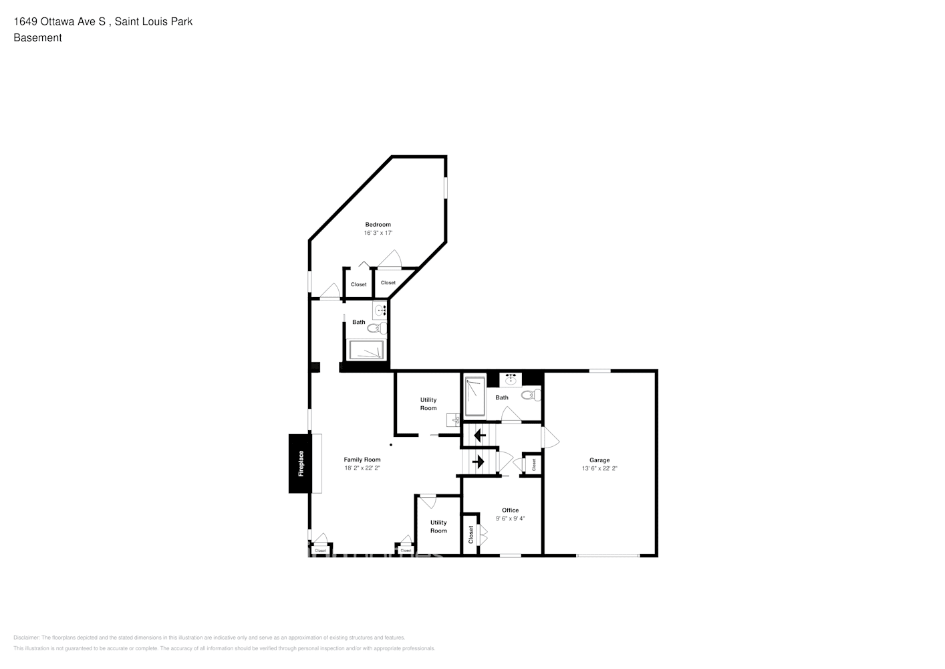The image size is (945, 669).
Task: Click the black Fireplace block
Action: click(x=300, y=464)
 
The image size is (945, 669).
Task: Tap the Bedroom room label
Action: click(x=378, y=225)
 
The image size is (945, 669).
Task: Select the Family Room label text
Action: click(x=362, y=460)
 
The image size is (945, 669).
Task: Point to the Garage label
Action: click(x=599, y=460)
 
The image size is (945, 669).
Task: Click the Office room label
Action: click(x=510, y=510)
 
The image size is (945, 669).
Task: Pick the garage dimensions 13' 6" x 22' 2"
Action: click(x=599, y=469)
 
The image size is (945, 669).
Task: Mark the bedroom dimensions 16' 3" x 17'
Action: click(x=378, y=233)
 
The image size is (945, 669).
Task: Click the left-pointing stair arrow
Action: click(x=479, y=436)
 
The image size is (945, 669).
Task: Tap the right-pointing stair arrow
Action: click(x=478, y=461)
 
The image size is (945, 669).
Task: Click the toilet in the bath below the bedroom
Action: click(x=377, y=328)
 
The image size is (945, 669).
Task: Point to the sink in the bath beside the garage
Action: click(x=511, y=379)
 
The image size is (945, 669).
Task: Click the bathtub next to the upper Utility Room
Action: click(x=475, y=395)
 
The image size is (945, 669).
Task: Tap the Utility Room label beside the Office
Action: click(x=438, y=527)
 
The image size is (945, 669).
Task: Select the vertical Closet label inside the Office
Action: click(x=471, y=534)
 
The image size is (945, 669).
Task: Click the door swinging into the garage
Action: click(x=551, y=438)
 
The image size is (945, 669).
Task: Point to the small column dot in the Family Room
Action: click(x=392, y=445)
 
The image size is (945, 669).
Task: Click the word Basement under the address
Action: click(x=37, y=38)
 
